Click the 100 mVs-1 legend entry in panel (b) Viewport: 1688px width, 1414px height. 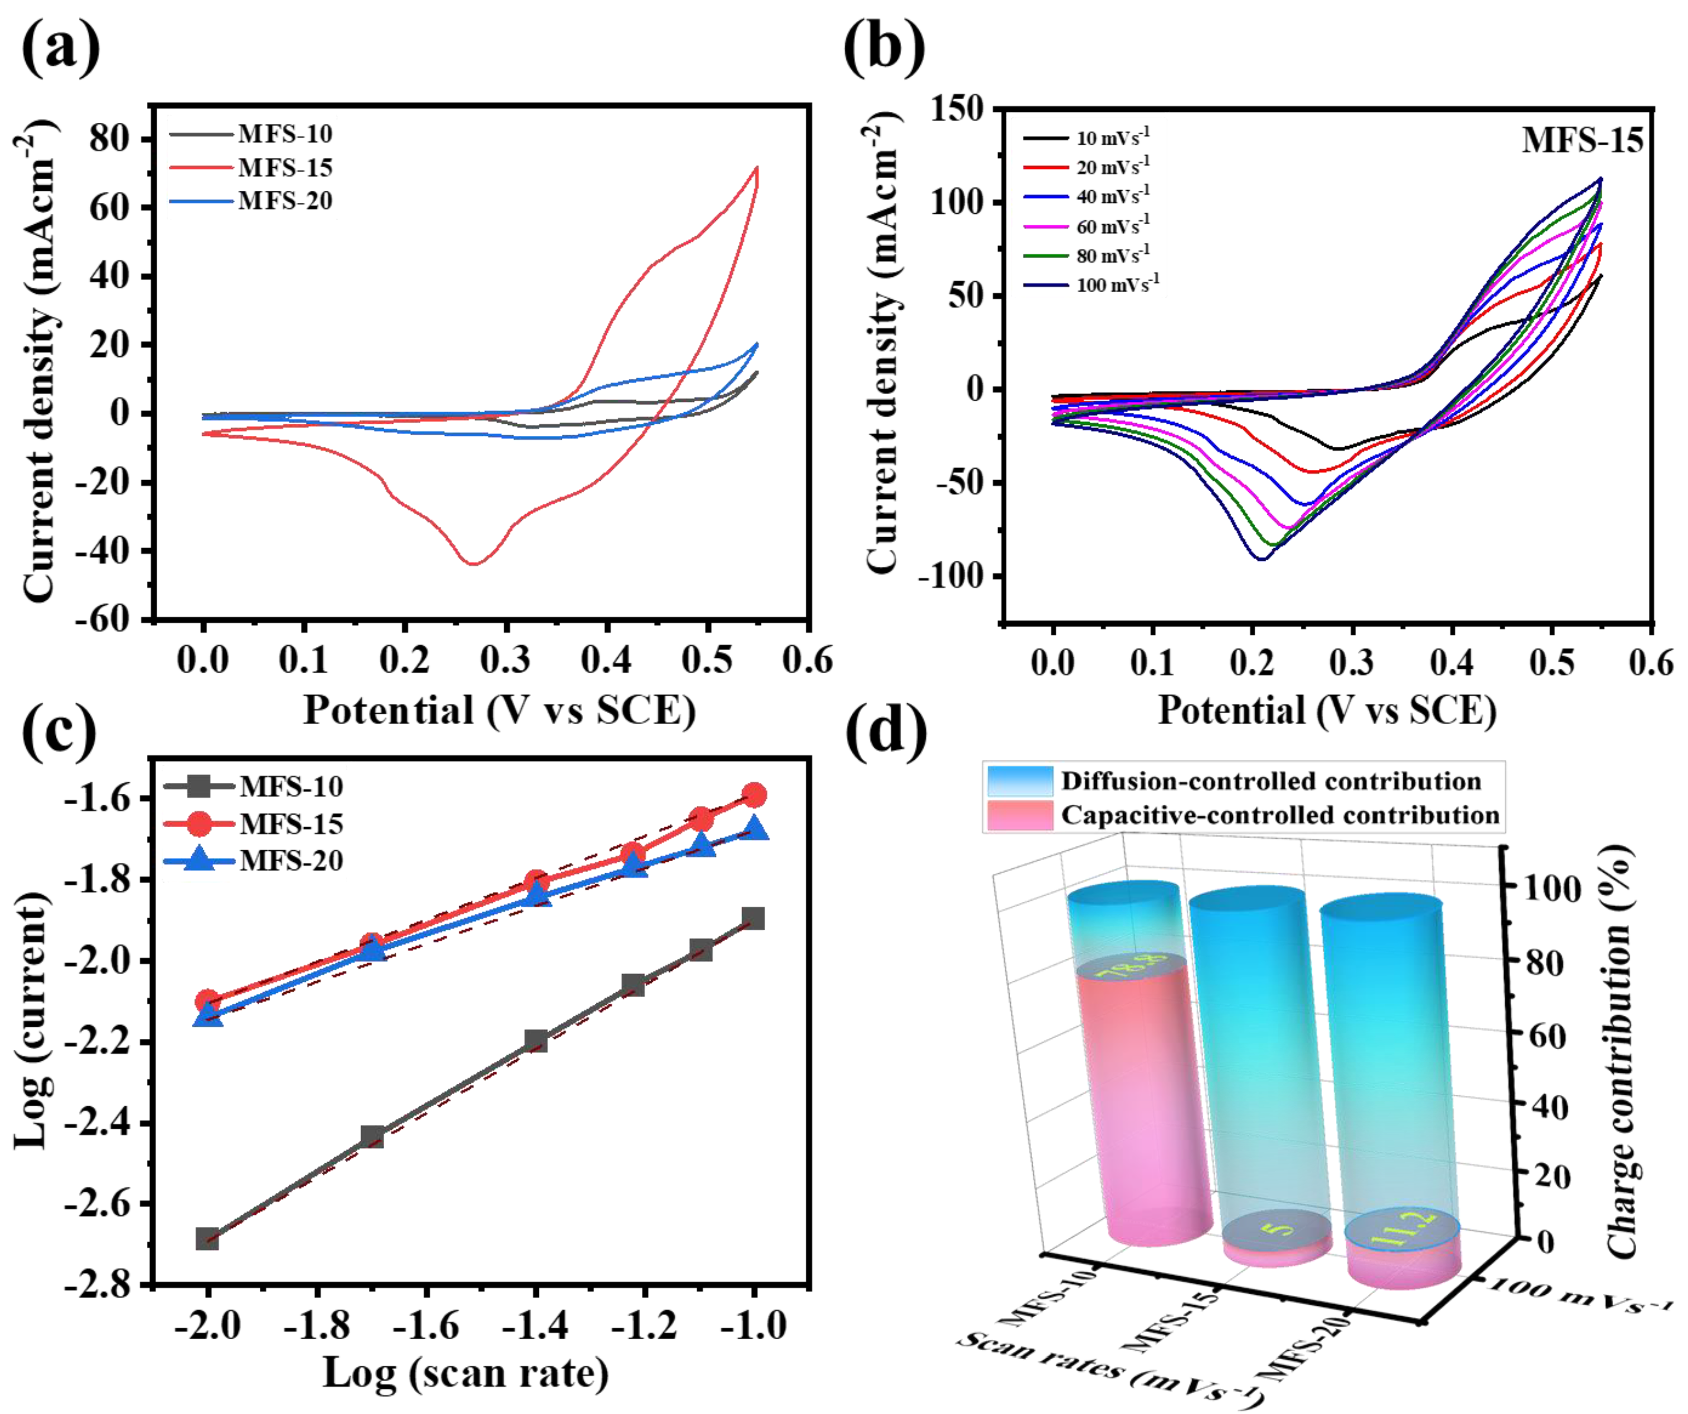(1117, 285)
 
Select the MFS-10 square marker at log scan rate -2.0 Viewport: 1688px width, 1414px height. (207, 1239)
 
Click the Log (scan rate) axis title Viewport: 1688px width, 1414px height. (466, 1373)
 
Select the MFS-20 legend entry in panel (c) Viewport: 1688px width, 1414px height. (291, 861)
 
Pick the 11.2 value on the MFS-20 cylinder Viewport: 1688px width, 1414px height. (1403, 1228)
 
